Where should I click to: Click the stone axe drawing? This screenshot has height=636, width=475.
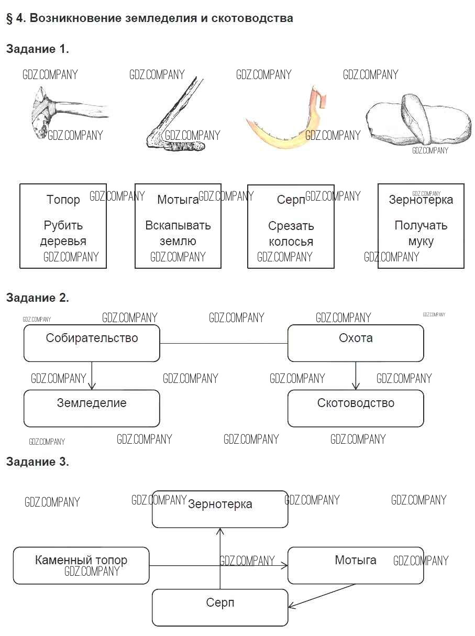tap(63, 113)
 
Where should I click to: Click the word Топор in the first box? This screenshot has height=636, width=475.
tap(63, 200)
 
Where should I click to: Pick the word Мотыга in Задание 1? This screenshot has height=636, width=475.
tap(178, 200)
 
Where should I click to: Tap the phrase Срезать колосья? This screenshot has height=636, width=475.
tap(291, 234)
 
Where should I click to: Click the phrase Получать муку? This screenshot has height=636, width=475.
tap(421, 234)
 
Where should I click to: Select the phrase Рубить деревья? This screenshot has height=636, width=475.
tap(63, 234)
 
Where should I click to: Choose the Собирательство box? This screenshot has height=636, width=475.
tap(92, 343)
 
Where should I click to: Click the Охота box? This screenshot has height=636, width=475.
tap(356, 343)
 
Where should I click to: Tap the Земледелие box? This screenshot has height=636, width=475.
tap(92, 408)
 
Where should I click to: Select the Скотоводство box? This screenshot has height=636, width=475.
tap(356, 408)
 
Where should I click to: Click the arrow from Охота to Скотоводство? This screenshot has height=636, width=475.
tap(356, 376)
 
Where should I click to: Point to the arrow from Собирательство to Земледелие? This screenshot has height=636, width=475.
tap(92, 376)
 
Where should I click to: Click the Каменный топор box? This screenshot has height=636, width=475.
tap(81, 565)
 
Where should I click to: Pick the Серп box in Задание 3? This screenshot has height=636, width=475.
tap(220, 607)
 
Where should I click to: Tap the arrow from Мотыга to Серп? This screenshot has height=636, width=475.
tap(322, 596)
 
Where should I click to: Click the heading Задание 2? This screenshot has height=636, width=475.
tap(37, 298)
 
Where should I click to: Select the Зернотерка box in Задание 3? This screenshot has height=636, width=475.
tap(220, 509)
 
